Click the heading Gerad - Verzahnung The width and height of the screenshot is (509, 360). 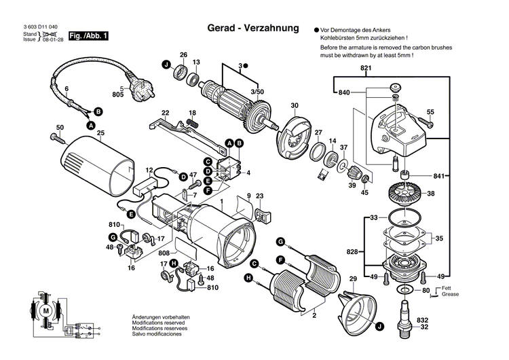pos(252,29)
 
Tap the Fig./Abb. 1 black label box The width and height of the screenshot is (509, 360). pos(79,35)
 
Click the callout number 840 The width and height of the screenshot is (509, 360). pos(344,92)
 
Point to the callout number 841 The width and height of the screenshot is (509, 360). pos(440,177)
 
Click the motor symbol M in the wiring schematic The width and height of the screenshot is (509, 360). pos(47,310)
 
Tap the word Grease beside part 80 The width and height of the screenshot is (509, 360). pos(450,295)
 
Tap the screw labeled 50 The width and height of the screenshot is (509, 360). pos(56,138)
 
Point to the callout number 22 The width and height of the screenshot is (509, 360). pos(165,112)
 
